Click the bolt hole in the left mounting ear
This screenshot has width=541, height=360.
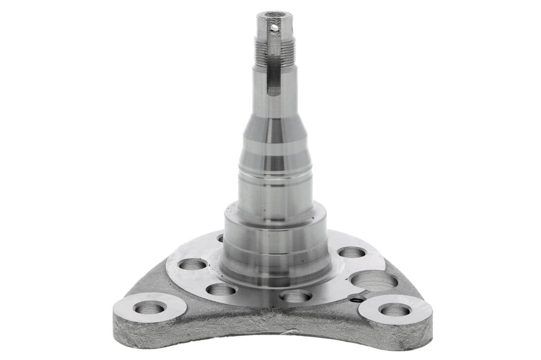(x=149, y=307)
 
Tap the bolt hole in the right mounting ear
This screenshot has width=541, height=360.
(x=394, y=309)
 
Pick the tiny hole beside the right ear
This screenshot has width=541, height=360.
(x=358, y=299)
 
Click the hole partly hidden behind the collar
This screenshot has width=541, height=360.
(x=220, y=239)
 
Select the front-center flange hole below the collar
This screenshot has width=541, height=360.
(x=296, y=296)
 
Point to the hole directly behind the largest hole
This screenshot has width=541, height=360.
(x=352, y=252)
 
